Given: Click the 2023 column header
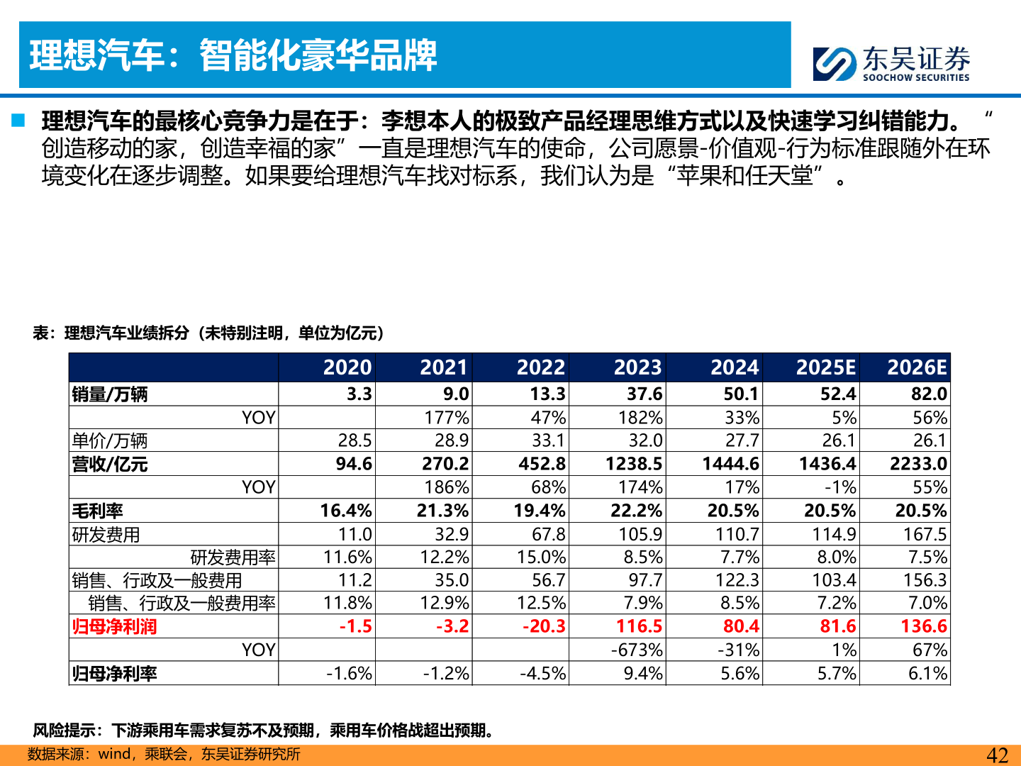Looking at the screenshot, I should click(x=637, y=367).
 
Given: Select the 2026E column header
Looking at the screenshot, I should click(x=916, y=367).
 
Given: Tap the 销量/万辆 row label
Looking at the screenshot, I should click(x=110, y=394).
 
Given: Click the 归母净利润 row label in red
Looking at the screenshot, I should click(x=114, y=627).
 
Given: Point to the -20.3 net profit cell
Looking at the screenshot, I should click(x=544, y=626).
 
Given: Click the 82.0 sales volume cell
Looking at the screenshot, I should click(x=929, y=394).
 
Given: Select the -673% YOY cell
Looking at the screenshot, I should click(x=637, y=650).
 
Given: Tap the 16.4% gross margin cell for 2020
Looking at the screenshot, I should click(x=345, y=511).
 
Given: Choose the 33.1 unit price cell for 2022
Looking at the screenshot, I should click(x=548, y=440).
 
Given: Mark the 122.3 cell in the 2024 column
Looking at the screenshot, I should click(x=737, y=580).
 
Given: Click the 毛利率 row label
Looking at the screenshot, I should click(x=98, y=511).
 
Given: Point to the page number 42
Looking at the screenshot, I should click(x=997, y=755).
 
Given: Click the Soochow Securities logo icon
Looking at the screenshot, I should click(x=834, y=64).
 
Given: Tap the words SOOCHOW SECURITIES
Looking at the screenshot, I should click(x=915, y=77).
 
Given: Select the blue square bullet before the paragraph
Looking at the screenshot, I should click(x=18, y=120).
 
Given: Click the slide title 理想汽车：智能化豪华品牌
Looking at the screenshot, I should click(x=233, y=55).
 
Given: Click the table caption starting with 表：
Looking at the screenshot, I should click(x=208, y=333).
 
